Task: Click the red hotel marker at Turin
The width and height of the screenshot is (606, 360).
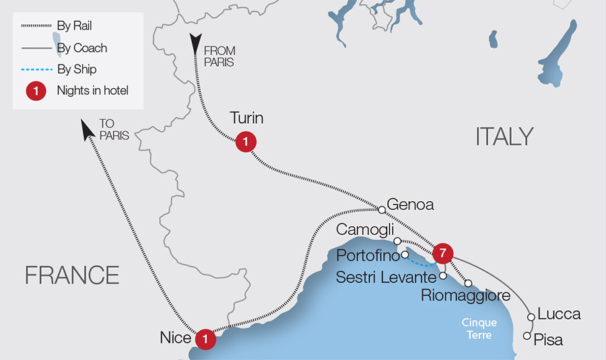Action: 246,142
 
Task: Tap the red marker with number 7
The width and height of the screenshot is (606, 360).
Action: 442,253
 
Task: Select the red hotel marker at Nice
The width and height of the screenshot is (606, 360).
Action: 205,339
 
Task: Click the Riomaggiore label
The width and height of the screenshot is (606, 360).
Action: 465,295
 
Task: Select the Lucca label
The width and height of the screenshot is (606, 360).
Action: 560,314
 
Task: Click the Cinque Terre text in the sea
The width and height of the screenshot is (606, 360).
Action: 479,328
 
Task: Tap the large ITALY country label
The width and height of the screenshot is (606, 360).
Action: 504,137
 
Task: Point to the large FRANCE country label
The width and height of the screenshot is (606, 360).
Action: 72,275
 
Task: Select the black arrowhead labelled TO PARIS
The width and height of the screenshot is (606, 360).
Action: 86,129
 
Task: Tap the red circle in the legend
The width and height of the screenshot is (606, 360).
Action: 34,91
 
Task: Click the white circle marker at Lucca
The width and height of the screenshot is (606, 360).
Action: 531,316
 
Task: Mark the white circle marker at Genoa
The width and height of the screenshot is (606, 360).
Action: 382,209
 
